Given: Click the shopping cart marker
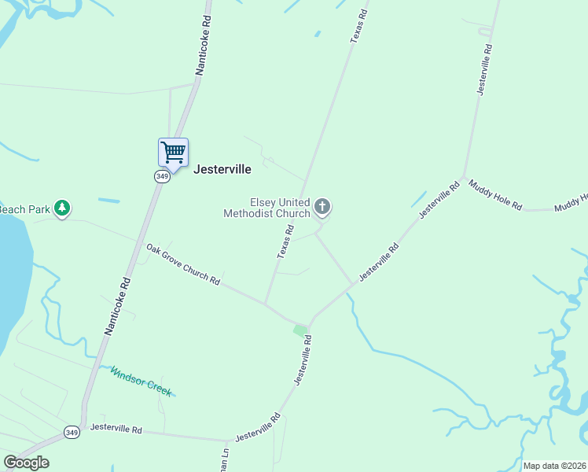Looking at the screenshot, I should (x=173, y=153).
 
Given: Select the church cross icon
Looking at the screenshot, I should (x=322, y=207).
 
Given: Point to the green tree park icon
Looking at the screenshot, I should (x=62, y=208).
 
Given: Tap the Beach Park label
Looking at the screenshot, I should (x=24, y=209).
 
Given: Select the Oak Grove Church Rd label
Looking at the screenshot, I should (x=182, y=264).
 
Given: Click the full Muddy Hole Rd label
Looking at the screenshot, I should (x=495, y=195).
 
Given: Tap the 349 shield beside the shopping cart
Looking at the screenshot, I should (x=162, y=176).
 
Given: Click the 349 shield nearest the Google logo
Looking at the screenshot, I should (x=72, y=432).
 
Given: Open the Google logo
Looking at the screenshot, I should (x=27, y=463).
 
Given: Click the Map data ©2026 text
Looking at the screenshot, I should (x=554, y=466).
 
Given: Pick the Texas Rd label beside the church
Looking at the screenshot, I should (x=285, y=242).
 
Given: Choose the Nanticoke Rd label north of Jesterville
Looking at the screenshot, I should (x=204, y=53).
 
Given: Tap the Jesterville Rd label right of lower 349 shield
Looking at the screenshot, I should (x=116, y=430).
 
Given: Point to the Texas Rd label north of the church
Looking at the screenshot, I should (x=359, y=26).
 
